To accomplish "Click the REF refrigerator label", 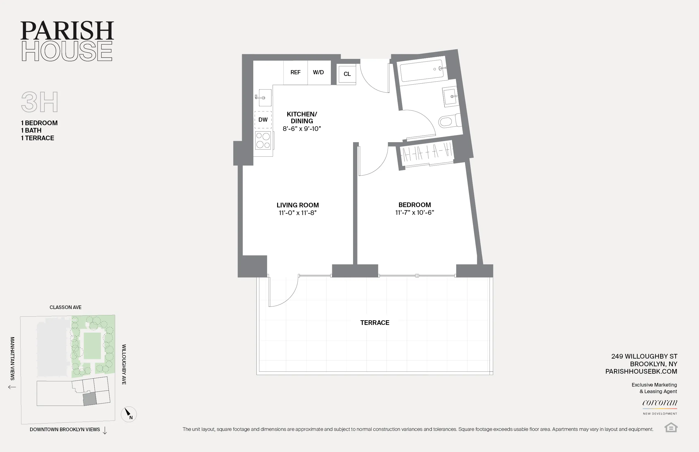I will tap(295, 72).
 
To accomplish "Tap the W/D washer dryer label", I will tap(318, 72).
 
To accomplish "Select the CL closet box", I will tap(347, 74).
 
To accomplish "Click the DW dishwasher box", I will tap(263, 120).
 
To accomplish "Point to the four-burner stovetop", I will tap(263, 141).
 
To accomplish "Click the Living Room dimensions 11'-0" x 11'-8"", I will tap(297, 213).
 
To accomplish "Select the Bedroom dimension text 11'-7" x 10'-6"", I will tap(414, 213).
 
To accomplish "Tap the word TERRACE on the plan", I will tap(374, 323).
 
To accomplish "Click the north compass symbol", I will tap(129, 414).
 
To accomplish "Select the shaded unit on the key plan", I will tap(90, 399).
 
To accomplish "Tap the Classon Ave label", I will tap(65, 307).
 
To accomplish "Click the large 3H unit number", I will tap(40, 102).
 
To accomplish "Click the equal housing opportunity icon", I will tap(670, 427).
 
